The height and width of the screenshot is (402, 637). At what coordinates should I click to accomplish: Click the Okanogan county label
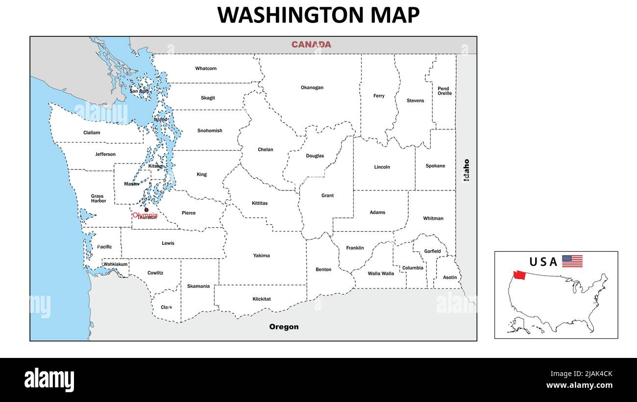click(x=312, y=88)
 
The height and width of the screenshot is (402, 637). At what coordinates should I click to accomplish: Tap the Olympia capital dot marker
click(x=146, y=210)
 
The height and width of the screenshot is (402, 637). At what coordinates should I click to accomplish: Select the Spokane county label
click(x=435, y=166)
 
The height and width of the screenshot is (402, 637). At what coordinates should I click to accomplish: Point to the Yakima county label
click(x=261, y=256)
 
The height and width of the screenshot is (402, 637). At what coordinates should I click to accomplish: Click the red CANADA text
click(x=311, y=45)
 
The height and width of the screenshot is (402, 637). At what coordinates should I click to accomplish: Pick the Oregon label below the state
click(x=284, y=327)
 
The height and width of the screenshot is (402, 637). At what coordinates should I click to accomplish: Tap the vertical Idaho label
click(x=466, y=170)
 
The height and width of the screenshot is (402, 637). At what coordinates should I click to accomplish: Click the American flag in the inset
click(x=572, y=261)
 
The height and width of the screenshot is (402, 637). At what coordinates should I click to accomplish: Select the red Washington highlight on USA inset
click(x=519, y=275)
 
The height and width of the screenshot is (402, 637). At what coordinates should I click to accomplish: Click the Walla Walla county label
click(x=381, y=274)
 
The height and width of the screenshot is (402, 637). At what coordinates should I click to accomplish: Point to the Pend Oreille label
click(x=444, y=91)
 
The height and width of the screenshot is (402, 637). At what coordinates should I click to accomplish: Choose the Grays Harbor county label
click(x=98, y=198)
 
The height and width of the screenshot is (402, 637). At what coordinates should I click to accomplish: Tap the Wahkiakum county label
click(x=116, y=264)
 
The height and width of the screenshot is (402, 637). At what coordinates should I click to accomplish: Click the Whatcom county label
click(x=206, y=69)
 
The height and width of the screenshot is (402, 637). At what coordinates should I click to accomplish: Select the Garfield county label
click(x=432, y=251)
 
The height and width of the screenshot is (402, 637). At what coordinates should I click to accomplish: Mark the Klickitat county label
click(x=262, y=299)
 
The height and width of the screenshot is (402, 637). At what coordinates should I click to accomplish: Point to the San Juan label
click(x=139, y=91)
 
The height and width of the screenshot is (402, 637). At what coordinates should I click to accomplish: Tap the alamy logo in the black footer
click(x=49, y=379)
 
